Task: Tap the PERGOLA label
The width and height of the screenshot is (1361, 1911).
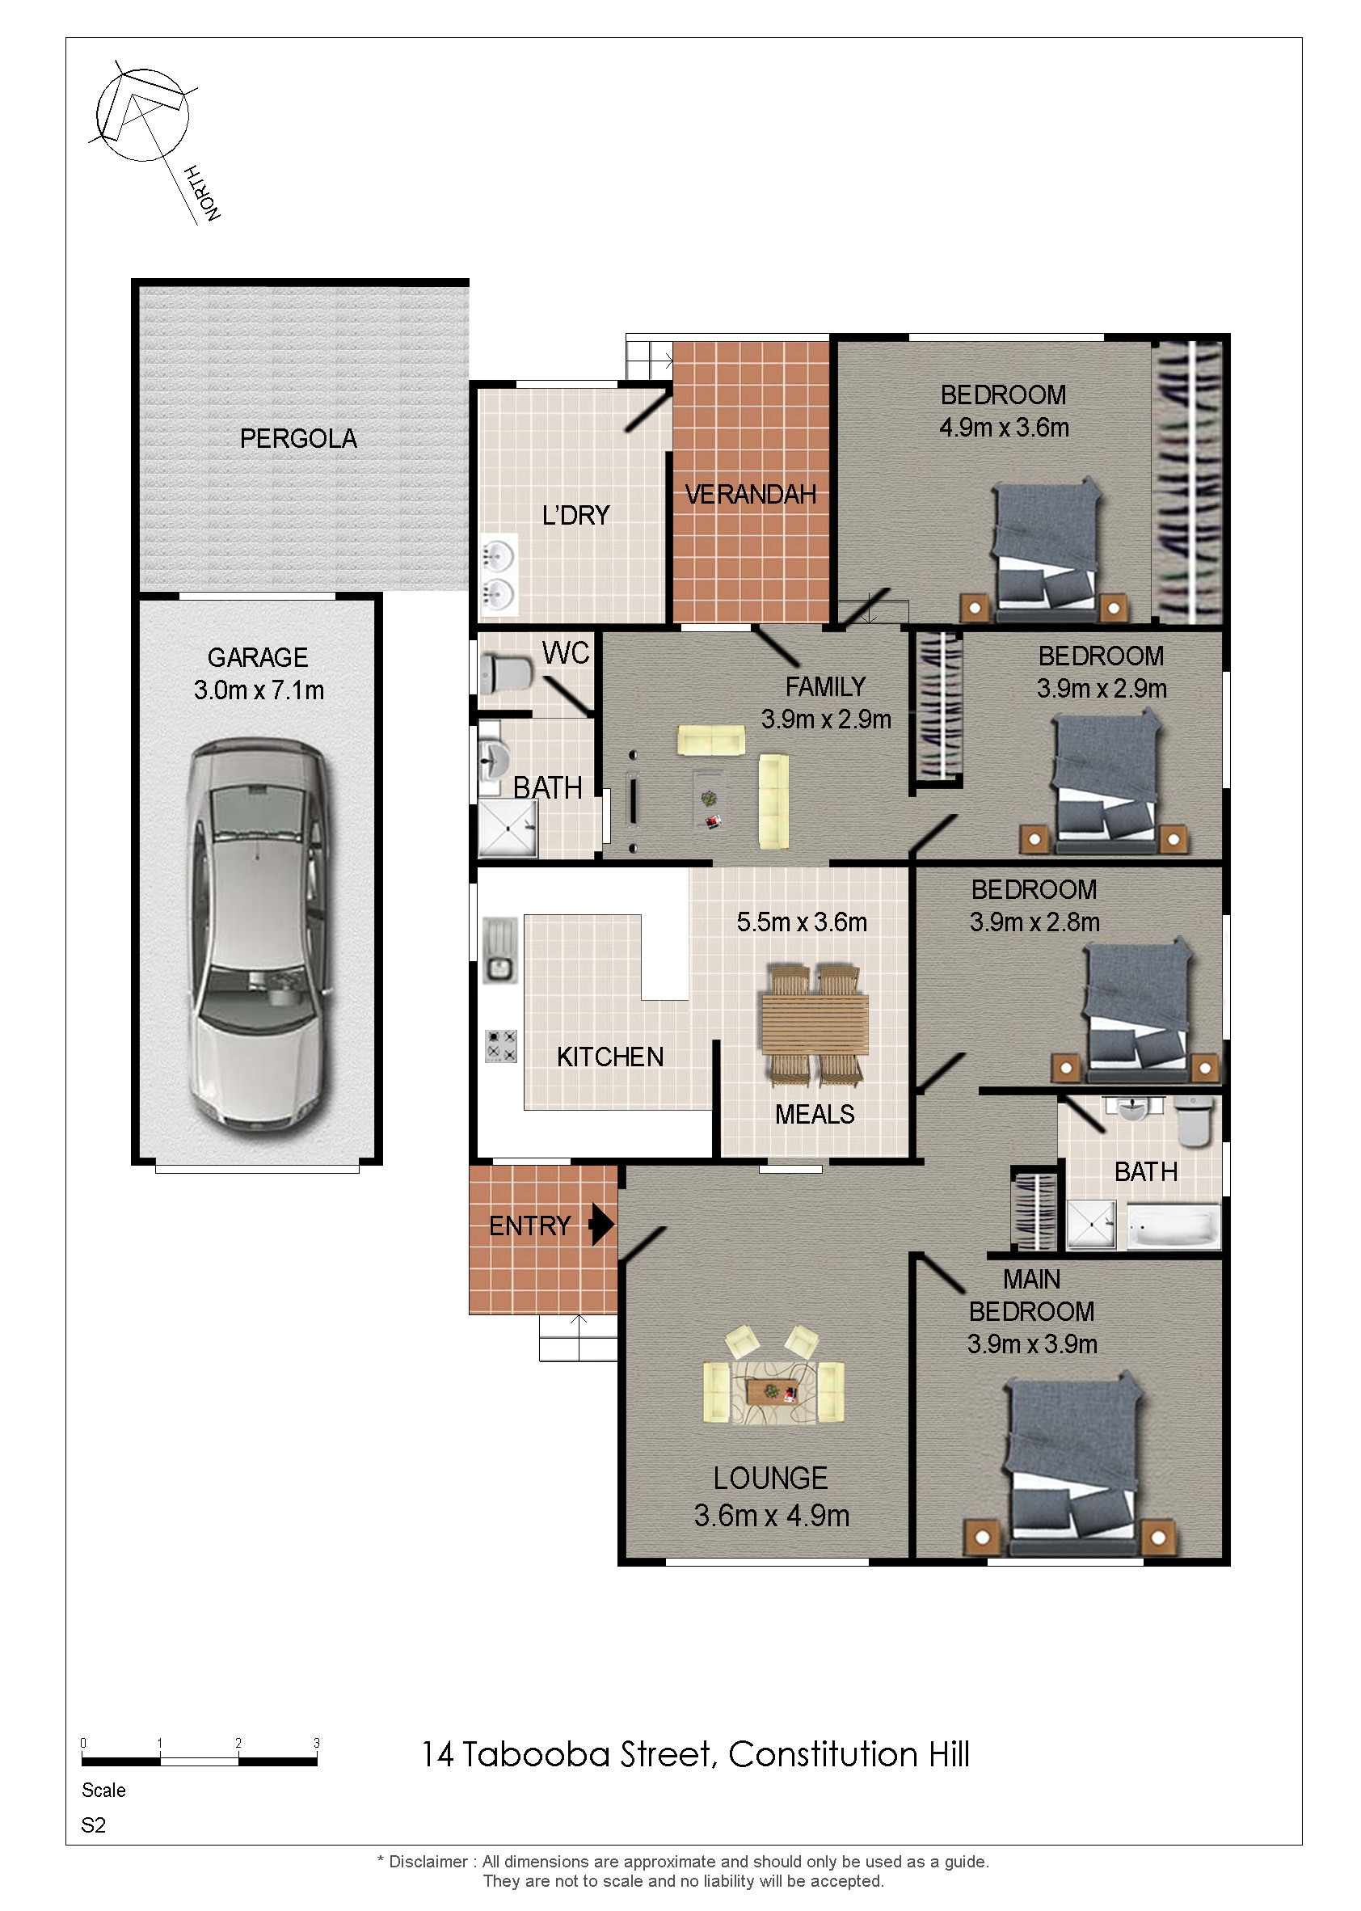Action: coord(298,438)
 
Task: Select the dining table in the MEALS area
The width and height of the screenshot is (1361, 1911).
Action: coord(815,1023)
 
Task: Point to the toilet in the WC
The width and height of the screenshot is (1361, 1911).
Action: coord(506,673)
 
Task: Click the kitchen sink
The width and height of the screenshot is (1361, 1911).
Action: coord(500,950)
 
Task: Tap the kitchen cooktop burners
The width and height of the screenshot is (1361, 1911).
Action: coord(501,1047)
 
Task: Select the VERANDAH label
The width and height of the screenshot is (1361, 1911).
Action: coord(751,495)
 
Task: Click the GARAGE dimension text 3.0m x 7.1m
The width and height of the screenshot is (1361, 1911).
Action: coord(259,690)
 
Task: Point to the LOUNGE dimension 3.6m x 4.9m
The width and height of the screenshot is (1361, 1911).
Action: coord(772,1516)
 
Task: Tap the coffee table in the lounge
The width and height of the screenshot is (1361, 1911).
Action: coord(773,1392)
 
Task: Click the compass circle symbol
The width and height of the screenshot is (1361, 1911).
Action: coord(142,115)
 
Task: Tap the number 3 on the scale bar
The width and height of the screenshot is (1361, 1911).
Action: coord(317,1743)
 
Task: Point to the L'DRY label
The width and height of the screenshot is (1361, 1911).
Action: coord(575,516)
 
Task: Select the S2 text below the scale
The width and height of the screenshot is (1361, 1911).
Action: coord(93,1825)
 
